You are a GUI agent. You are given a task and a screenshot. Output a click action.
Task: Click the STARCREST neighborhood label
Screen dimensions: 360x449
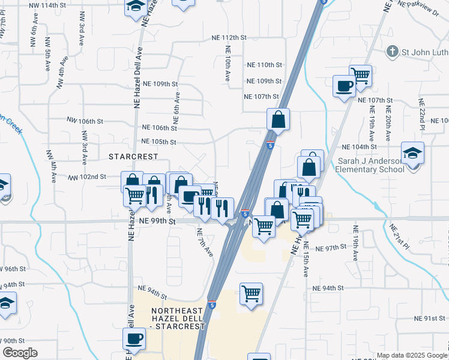(133, 156)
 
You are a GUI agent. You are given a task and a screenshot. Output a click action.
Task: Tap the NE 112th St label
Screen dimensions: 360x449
(229, 37)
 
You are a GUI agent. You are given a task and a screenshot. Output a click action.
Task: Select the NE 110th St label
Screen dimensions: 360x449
(265, 65)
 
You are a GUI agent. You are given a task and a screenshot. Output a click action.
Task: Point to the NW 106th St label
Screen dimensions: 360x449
(85, 121)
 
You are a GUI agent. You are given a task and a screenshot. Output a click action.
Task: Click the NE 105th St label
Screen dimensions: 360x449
(158, 142)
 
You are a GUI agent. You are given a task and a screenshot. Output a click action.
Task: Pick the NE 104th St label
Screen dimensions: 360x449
(358, 147)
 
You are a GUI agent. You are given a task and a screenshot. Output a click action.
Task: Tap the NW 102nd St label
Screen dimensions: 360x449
(87, 178)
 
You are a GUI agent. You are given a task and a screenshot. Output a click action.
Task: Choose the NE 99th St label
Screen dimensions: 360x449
(156, 221)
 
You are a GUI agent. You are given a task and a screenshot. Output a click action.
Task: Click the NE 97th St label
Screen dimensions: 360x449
(331, 248)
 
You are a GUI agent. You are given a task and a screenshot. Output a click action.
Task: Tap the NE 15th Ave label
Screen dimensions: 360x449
(306, 259)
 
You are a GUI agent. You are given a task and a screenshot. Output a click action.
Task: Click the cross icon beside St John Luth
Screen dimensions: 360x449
(393, 51)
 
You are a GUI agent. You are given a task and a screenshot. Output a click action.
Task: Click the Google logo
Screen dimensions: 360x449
(20, 353)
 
